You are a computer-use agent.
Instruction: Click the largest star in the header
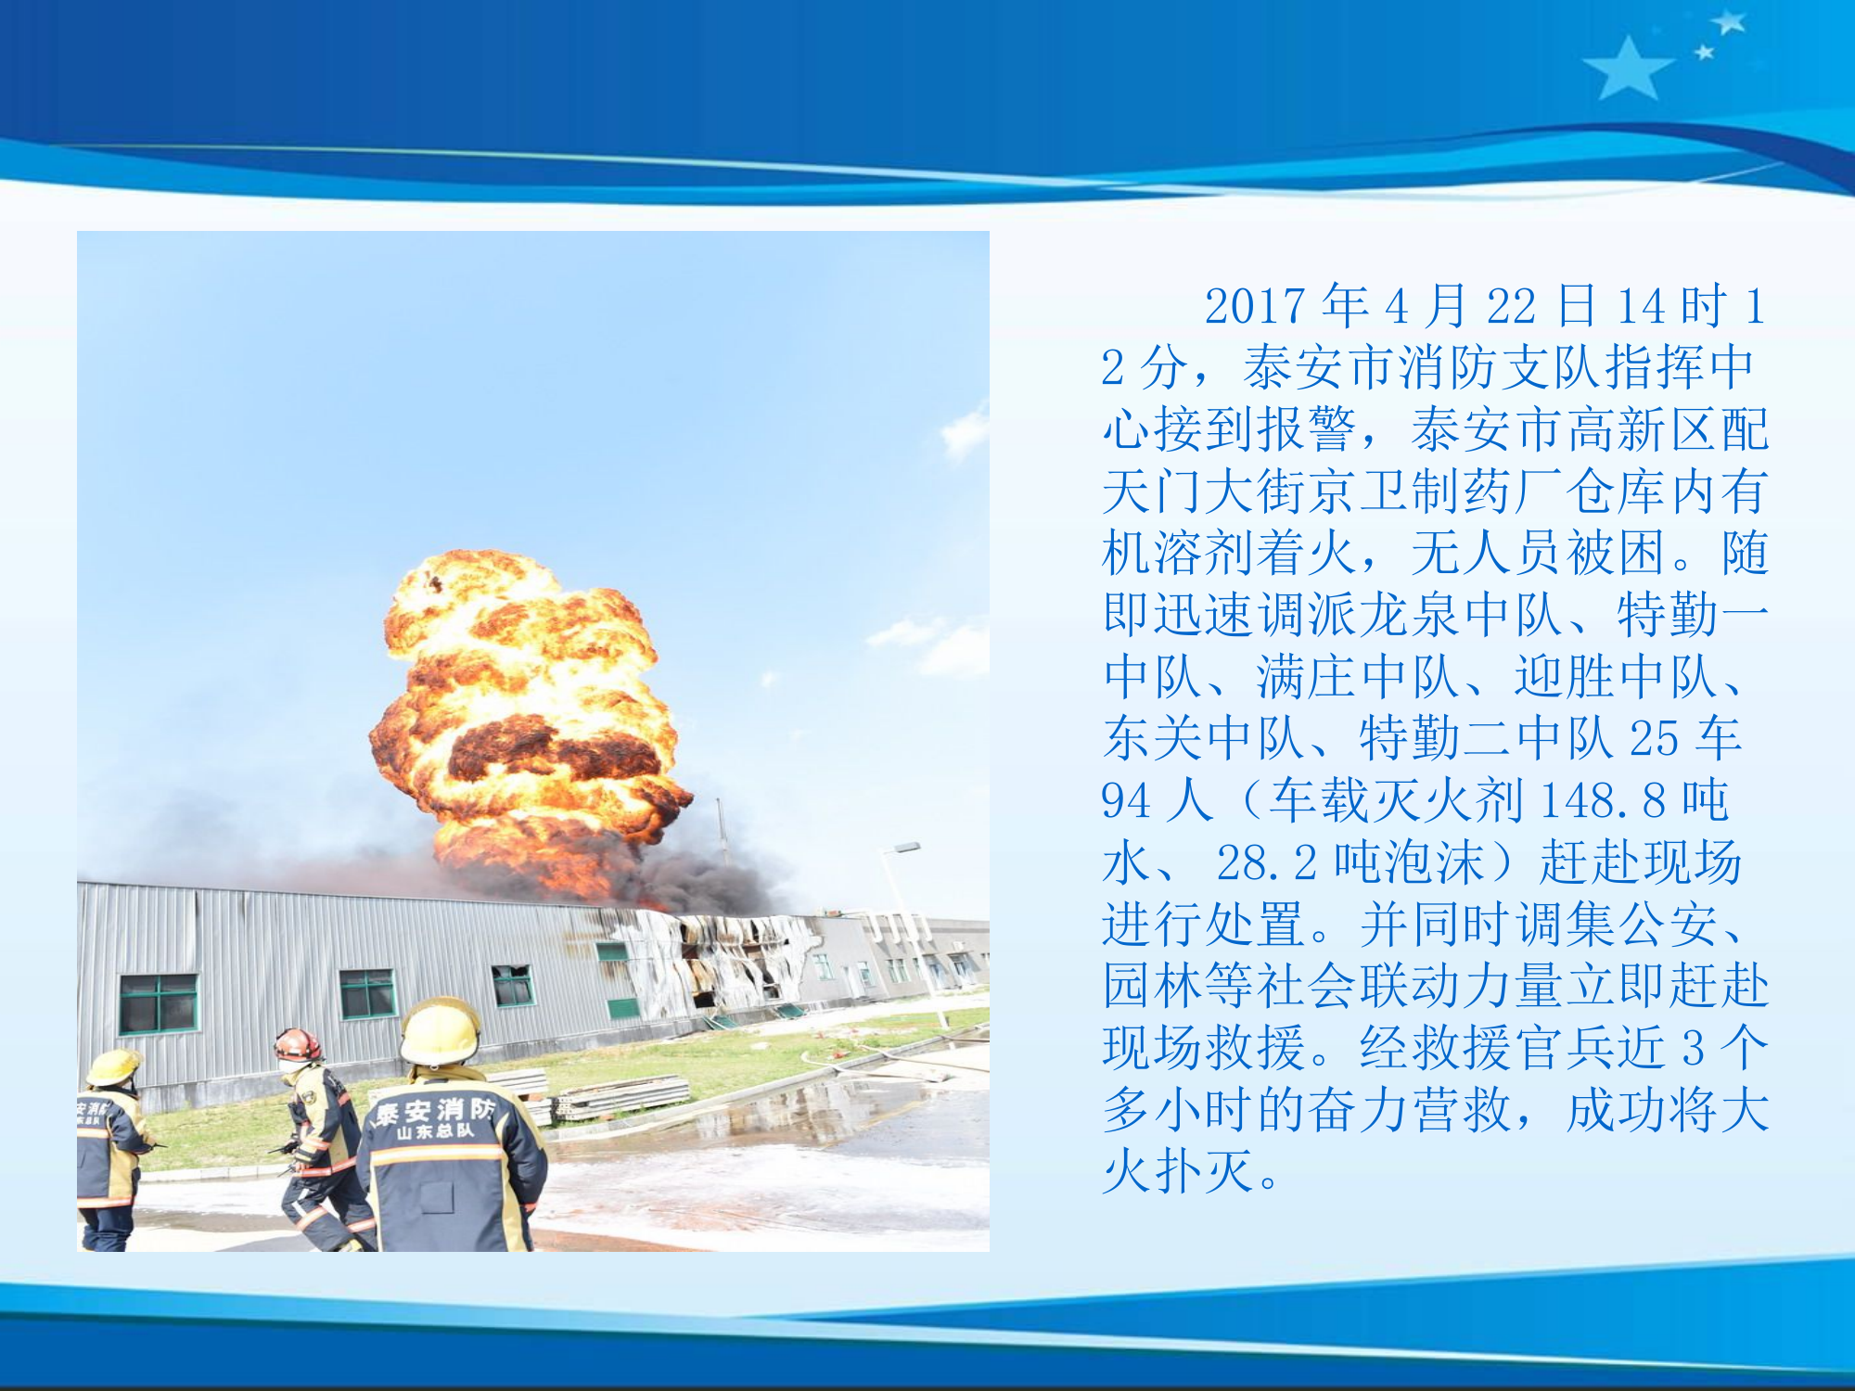[x=1627, y=69]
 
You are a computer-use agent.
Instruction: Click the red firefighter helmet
[x=297, y=1045]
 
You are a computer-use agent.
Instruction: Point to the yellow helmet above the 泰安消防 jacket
[x=440, y=1031]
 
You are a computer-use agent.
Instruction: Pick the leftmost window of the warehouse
[x=159, y=1003]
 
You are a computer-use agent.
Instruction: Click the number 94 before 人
[x=1125, y=800]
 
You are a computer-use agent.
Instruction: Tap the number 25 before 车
[x=1655, y=739]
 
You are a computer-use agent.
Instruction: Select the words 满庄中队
[x=1357, y=677]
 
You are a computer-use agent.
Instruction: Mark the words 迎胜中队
[x=1614, y=677]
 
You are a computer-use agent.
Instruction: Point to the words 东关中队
[x=1203, y=739]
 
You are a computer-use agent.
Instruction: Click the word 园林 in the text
[x=1151, y=986]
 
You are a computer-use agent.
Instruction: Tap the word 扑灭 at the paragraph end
[x=1203, y=1171]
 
